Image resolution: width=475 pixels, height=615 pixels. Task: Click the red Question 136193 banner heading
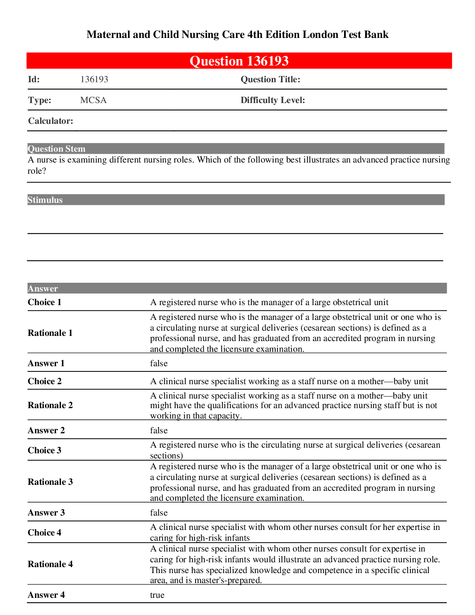[x=239, y=61]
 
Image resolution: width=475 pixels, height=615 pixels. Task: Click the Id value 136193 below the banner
[x=94, y=79]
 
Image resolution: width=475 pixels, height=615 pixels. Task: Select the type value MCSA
[x=93, y=100]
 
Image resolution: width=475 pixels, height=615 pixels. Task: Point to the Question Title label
[x=270, y=79]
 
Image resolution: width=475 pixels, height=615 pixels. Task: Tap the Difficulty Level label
[x=273, y=100]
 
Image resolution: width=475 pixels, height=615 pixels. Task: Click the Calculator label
[x=51, y=121]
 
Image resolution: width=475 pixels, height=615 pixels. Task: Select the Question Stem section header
[x=57, y=149]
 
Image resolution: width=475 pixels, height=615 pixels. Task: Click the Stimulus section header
[x=45, y=200]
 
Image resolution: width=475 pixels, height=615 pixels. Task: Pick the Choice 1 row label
[x=45, y=302]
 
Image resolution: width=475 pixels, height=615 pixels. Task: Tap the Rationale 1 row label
[x=50, y=333]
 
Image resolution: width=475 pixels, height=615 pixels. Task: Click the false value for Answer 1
[x=159, y=363]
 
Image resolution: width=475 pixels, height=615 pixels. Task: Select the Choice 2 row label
[x=45, y=381]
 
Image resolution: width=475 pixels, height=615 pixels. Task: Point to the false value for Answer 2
[x=159, y=430]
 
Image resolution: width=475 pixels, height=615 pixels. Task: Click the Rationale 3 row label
[x=50, y=482]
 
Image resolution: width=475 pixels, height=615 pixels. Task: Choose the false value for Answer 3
[x=159, y=513]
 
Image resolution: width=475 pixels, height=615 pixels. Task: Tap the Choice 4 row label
[x=45, y=533]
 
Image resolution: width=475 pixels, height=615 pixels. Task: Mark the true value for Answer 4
[x=157, y=595]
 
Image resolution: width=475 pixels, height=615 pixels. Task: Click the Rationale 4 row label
[x=50, y=564]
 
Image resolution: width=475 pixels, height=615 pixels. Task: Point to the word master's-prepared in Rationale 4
[x=228, y=580]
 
